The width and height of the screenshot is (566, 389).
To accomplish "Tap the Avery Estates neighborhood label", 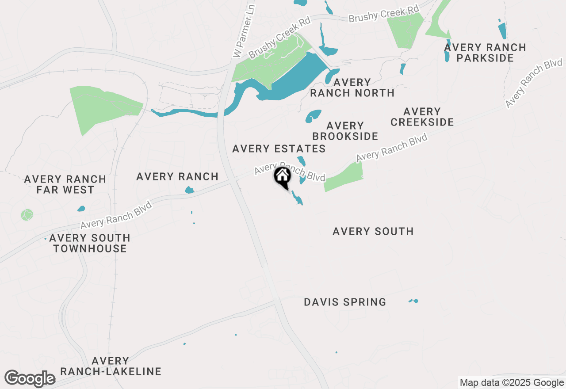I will pyautogui.click(x=279, y=149).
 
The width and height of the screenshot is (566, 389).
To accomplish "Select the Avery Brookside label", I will pyautogui.click(x=345, y=131).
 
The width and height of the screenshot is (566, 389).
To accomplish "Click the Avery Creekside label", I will pyautogui.click(x=422, y=117).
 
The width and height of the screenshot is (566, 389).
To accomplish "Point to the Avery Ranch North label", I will pyautogui.click(x=352, y=88).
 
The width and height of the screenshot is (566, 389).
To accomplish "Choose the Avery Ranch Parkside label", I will pyautogui.click(x=485, y=53).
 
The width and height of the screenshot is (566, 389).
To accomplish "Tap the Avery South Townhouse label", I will pyautogui.click(x=90, y=243).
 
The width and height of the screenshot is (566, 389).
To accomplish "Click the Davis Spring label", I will pyautogui.click(x=345, y=302).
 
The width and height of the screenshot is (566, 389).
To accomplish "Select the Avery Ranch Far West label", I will pyautogui.click(x=65, y=185).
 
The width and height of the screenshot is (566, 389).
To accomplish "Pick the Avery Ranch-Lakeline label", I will pyautogui.click(x=111, y=366).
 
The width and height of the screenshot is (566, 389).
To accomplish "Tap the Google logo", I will pyautogui.click(x=30, y=379).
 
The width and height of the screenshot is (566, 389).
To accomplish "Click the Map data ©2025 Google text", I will pyautogui.click(x=512, y=383).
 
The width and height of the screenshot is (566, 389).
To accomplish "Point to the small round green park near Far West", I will pyautogui.click(x=27, y=215).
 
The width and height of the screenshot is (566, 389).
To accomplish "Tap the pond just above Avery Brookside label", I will pyautogui.click(x=313, y=116).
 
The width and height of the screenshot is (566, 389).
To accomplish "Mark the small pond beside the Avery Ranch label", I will pyautogui.click(x=189, y=190).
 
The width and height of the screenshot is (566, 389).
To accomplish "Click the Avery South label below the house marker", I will pyautogui.click(x=373, y=231).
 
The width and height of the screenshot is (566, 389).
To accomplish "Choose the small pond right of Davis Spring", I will pyautogui.click(x=413, y=301).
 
